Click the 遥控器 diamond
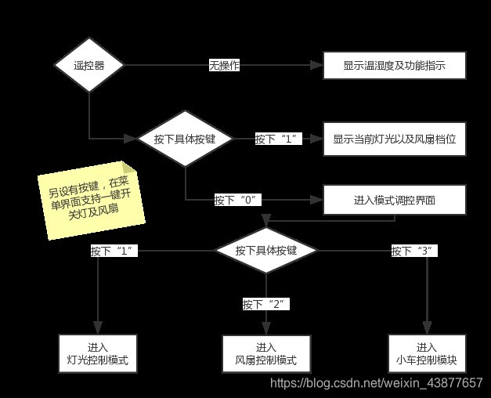(x=89, y=66)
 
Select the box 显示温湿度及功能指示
(x=394, y=66)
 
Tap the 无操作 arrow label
(x=223, y=66)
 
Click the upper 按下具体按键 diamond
(x=186, y=139)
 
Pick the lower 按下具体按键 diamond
(x=266, y=251)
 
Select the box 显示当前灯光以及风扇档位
(x=394, y=139)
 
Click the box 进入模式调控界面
(x=394, y=201)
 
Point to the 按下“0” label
(x=237, y=200)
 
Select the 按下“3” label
(x=413, y=251)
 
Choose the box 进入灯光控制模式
(x=98, y=354)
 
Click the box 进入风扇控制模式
(x=265, y=354)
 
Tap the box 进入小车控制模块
(x=427, y=354)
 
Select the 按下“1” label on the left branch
(x=114, y=251)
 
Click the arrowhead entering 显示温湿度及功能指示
(x=317, y=66)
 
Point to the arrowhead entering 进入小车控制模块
(x=427, y=329)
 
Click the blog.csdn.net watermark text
(x=376, y=383)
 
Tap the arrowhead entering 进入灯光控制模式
(x=98, y=329)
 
